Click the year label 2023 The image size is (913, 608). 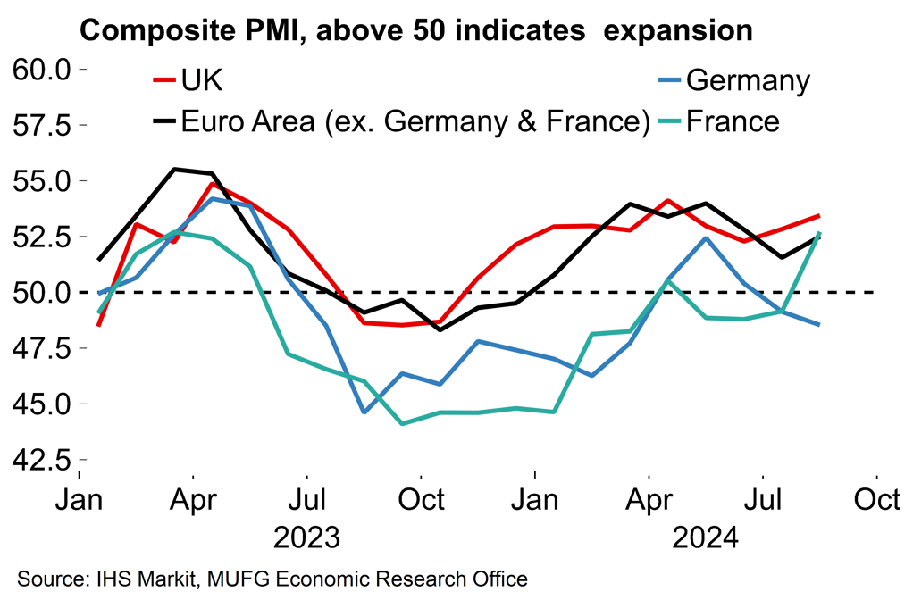pyautogui.click(x=306, y=538)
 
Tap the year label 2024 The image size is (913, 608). pyautogui.click(x=706, y=538)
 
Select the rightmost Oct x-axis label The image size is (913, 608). pyautogui.click(x=877, y=500)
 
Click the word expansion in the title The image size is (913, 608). pyautogui.click(x=678, y=31)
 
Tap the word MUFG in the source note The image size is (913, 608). pyautogui.click(x=235, y=579)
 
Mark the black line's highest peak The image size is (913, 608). pyautogui.click(x=175, y=169)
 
